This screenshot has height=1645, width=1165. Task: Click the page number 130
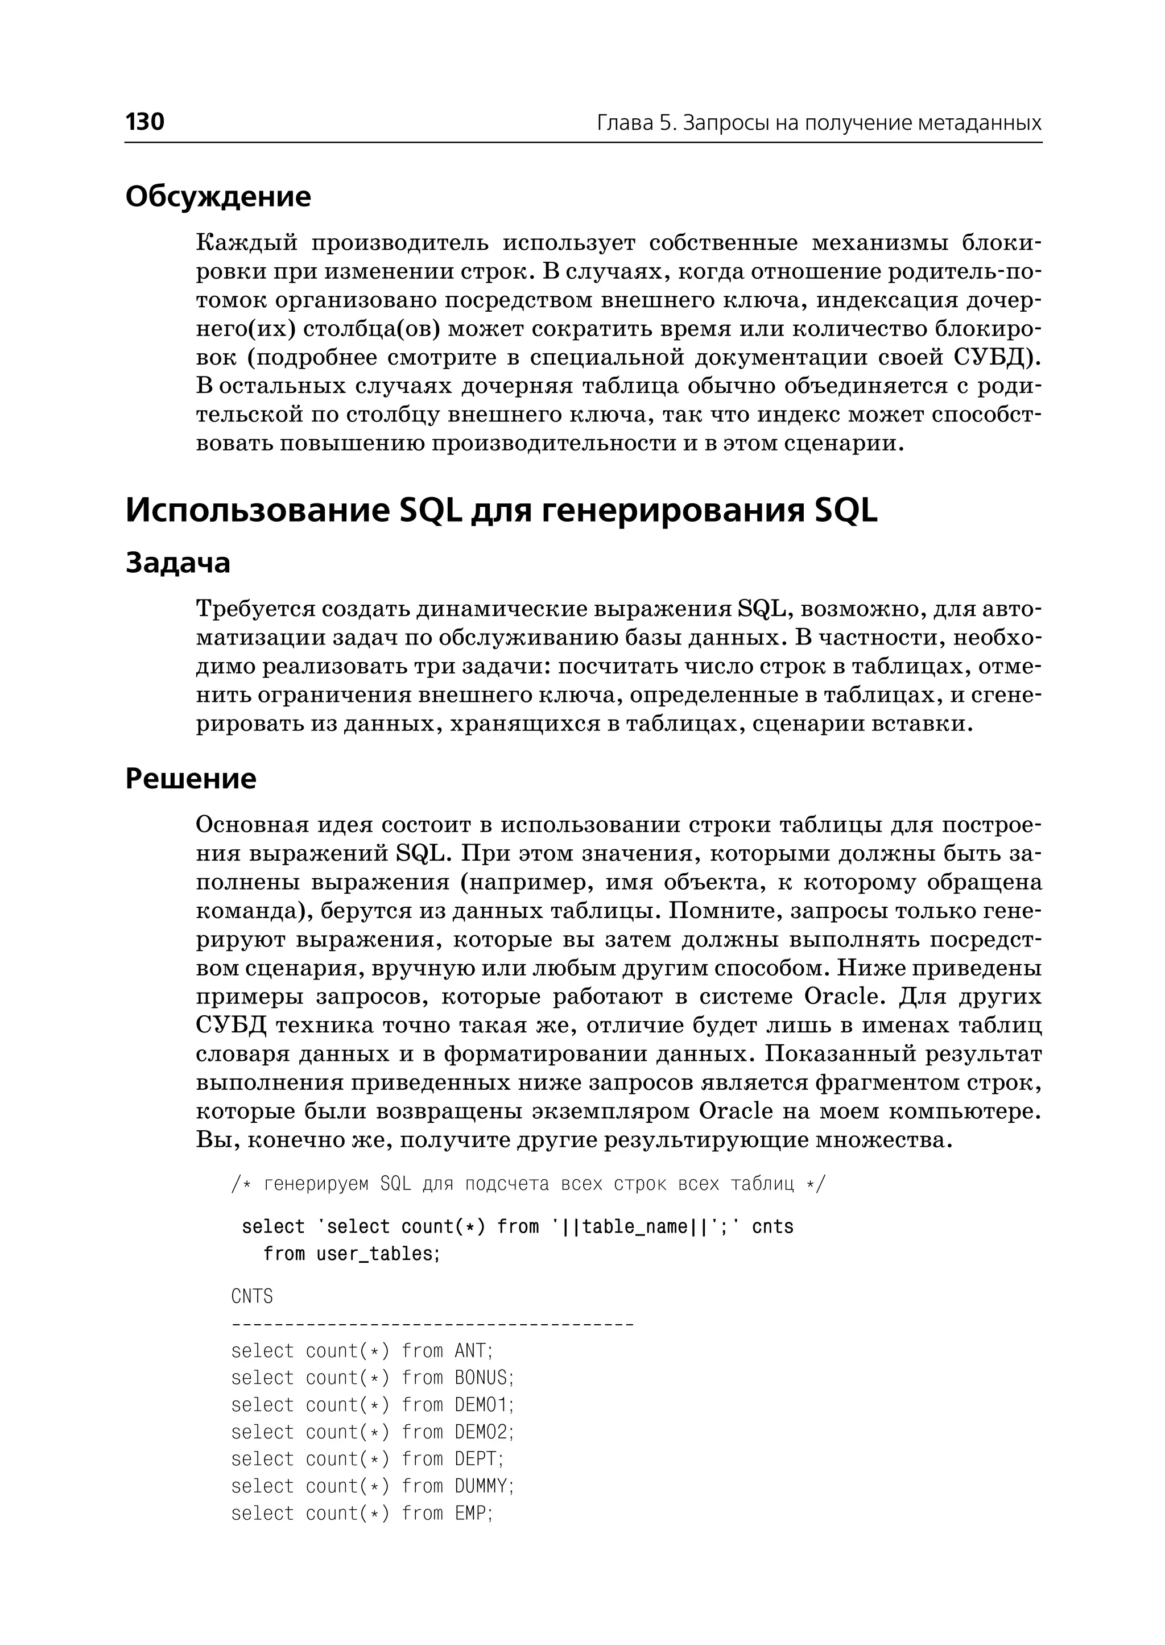[145, 121]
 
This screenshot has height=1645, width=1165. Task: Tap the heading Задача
[178, 563]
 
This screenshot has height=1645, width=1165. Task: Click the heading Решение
[191, 778]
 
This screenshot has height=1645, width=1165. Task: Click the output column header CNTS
[252, 1296]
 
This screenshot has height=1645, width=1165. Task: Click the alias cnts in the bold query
[772, 1227]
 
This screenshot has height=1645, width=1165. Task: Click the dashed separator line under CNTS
[432, 1324]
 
